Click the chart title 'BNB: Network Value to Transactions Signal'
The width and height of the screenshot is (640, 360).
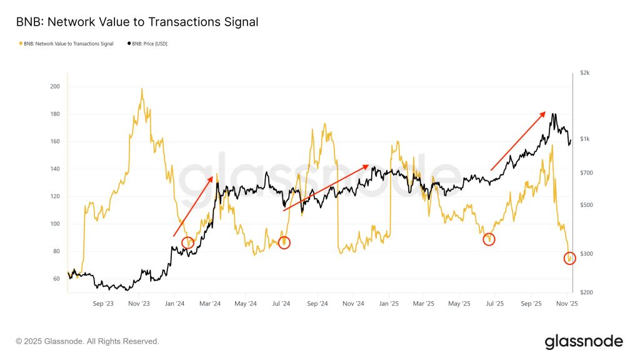(x=137, y=22)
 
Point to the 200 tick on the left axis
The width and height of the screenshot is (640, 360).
(x=54, y=86)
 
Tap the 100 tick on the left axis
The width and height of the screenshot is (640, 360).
(x=54, y=224)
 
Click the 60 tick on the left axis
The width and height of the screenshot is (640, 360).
(x=54, y=279)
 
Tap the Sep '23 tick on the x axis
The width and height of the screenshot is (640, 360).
(x=103, y=304)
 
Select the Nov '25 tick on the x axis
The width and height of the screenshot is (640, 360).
(x=566, y=304)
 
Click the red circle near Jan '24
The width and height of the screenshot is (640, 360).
(x=188, y=242)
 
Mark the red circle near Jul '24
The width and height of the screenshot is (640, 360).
(x=284, y=242)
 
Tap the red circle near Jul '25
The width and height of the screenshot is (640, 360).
(x=489, y=239)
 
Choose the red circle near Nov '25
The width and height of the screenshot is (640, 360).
(x=569, y=258)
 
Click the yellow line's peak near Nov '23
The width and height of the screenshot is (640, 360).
(x=142, y=89)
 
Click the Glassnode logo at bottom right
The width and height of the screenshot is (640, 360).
(x=584, y=341)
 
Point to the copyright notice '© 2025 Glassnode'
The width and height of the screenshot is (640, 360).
(x=87, y=341)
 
